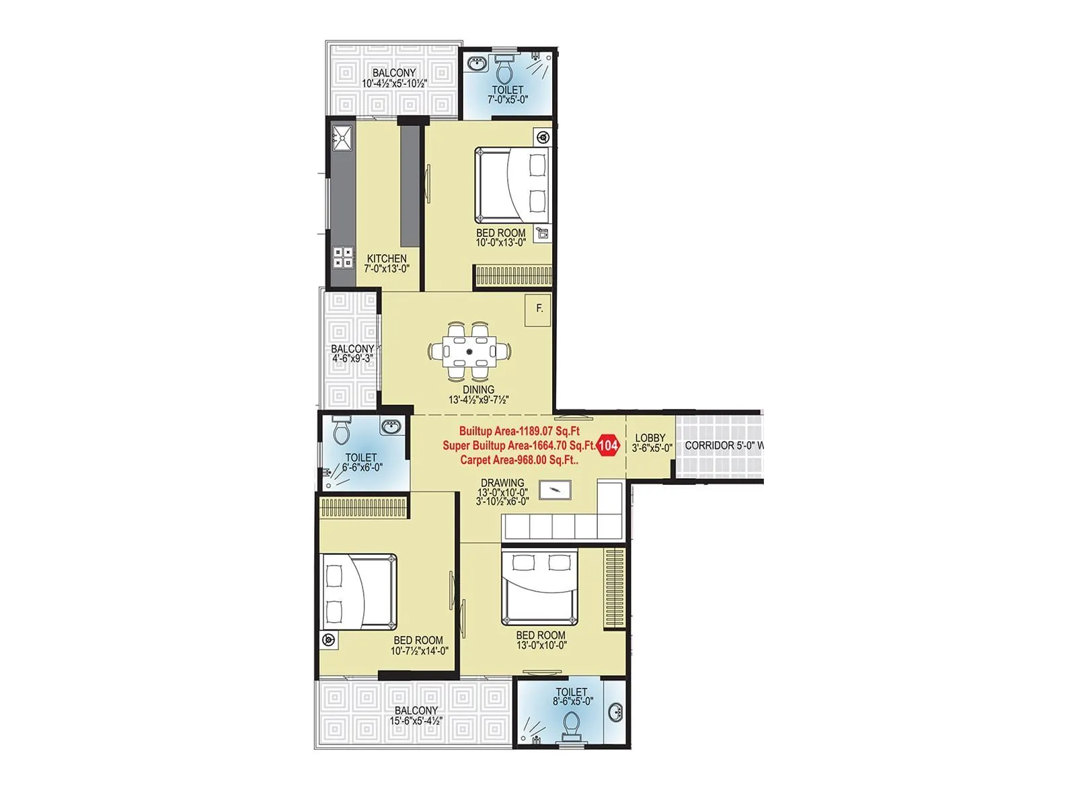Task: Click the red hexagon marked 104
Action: [x=608, y=445]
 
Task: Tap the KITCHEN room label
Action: [x=387, y=259]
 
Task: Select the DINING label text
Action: [x=478, y=390]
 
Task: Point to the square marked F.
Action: [x=539, y=309]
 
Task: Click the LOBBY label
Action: [x=650, y=438]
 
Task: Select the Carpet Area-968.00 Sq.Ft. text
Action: [x=519, y=460]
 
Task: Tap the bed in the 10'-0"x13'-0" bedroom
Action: [x=512, y=185]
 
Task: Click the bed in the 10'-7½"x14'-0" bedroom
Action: [x=358, y=592]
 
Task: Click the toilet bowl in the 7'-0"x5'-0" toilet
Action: [x=504, y=67]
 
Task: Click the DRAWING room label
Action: [x=502, y=483]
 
